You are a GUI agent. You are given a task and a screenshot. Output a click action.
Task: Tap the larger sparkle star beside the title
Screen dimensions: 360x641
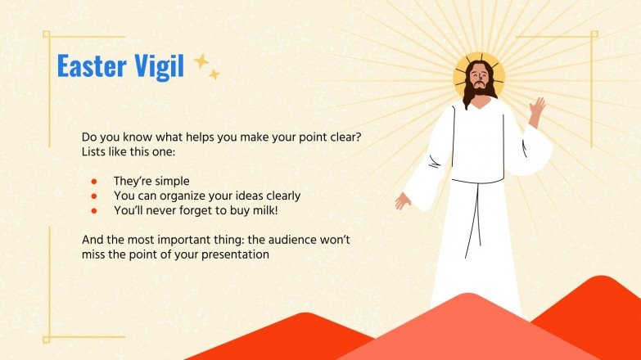click(201, 61)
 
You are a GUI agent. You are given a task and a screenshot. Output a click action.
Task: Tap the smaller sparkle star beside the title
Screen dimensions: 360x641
click(214, 74)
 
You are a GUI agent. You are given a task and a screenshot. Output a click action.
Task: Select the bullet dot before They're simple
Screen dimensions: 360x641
click(94, 181)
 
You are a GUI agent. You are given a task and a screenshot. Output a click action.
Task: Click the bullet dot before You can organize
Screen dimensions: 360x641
click(94, 196)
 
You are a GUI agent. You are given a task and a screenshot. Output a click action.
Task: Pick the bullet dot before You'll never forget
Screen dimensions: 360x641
click(94, 211)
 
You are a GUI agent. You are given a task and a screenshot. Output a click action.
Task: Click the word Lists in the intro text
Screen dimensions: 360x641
click(95, 152)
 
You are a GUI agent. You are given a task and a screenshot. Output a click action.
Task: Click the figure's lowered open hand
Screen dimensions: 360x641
click(403, 200)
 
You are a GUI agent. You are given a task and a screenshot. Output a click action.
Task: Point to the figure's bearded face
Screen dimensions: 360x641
click(479, 82)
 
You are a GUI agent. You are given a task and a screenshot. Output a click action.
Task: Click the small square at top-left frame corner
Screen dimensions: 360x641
click(47, 35)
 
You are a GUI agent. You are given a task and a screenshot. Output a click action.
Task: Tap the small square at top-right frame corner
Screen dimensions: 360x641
click(594, 34)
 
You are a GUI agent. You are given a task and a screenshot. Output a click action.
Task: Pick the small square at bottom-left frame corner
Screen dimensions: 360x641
click(47, 338)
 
